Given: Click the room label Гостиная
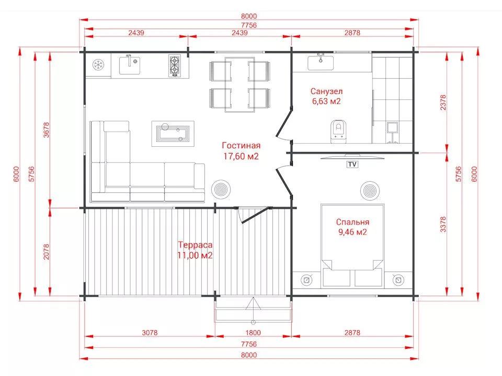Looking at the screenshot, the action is tap(241, 146).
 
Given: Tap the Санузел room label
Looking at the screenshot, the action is tap(326, 91).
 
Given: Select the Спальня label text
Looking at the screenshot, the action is tap(352, 222).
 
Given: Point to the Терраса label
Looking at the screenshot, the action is tap(195, 245).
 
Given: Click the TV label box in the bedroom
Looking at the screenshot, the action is tap(352, 164).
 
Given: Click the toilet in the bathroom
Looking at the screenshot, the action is tap(338, 131).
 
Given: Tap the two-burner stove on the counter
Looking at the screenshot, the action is tap(174, 66).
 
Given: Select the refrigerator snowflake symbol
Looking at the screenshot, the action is tap(98, 65).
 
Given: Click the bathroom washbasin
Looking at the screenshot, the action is tap(321, 62).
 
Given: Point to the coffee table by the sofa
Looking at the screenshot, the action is tap(173, 133).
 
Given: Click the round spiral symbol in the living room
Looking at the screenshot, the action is tap(221, 190).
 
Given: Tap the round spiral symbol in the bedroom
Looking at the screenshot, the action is tap(370, 191).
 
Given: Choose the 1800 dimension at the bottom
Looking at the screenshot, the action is tap(253, 333).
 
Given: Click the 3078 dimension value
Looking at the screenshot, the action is tap(150, 333).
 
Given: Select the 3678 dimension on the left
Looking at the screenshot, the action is tap(47, 130).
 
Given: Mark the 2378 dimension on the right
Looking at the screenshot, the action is tap(443, 102).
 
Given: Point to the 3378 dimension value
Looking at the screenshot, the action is tap(443, 224).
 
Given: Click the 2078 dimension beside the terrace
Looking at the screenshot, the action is tap(47, 252).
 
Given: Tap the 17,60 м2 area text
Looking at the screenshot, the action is tap(241, 156).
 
